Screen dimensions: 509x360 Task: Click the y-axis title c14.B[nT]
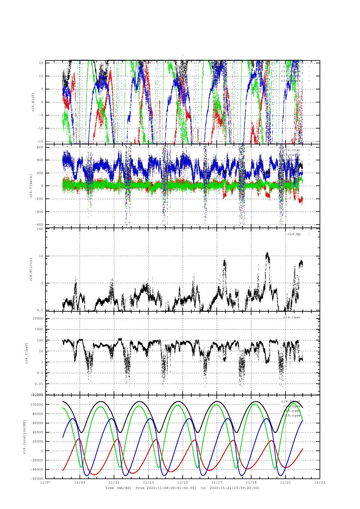click(x=33, y=102)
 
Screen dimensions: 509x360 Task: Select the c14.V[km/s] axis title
click(x=31, y=186)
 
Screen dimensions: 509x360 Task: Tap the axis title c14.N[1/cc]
click(x=31, y=269)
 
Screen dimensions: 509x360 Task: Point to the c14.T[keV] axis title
click(x=27, y=352)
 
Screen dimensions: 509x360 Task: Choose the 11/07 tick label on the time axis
click(x=45, y=482)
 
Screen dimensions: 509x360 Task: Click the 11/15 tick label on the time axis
click(x=182, y=482)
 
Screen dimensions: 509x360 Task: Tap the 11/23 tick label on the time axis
click(x=320, y=482)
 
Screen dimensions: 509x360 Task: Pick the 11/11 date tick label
click(x=114, y=482)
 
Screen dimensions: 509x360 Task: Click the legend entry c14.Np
click(x=294, y=234)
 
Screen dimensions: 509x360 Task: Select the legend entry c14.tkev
click(x=292, y=317)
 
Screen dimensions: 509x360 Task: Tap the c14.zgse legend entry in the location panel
click(x=292, y=415)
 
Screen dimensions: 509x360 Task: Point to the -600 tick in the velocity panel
click(x=39, y=225)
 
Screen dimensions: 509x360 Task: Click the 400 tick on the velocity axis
click(x=40, y=160)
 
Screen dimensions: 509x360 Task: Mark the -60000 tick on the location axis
click(x=37, y=478)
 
